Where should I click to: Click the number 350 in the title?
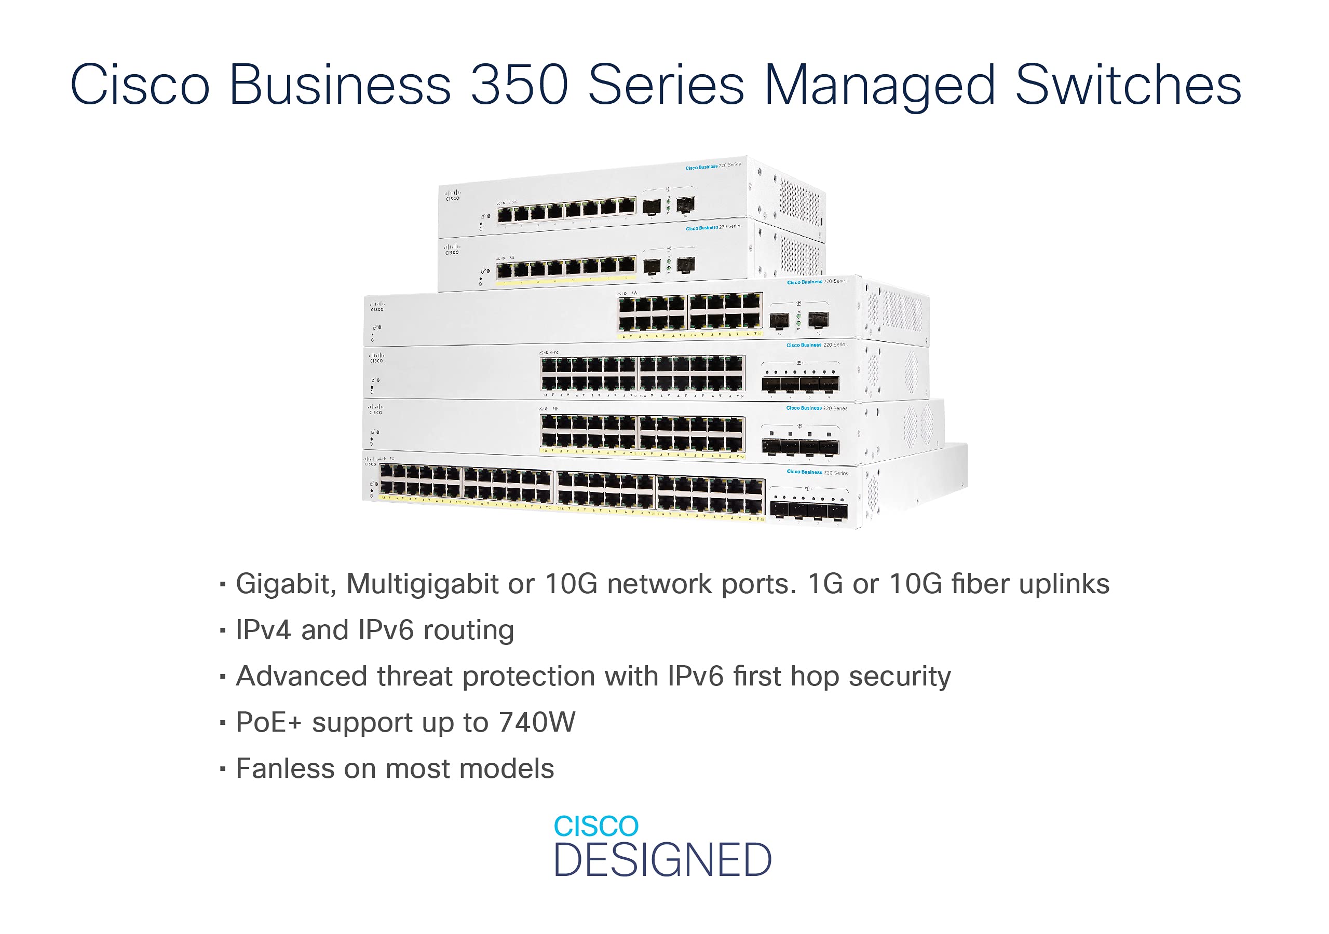(x=519, y=85)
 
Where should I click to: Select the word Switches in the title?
(x=1128, y=85)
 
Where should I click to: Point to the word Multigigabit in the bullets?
(x=422, y=584)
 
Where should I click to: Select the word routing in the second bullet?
(x=468, y=631)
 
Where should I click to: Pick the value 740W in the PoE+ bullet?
(x=537, y=723)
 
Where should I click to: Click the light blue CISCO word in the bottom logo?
(x=595, y=827)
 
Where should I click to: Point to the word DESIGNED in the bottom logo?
(x=663, y=860)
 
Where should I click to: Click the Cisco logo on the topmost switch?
(x=452, y=195)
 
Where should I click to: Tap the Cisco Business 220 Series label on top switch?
(x=713, y=167)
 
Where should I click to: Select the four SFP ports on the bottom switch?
(x=809, y=511)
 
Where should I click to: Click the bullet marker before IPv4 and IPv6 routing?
(x=223, y=631)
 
